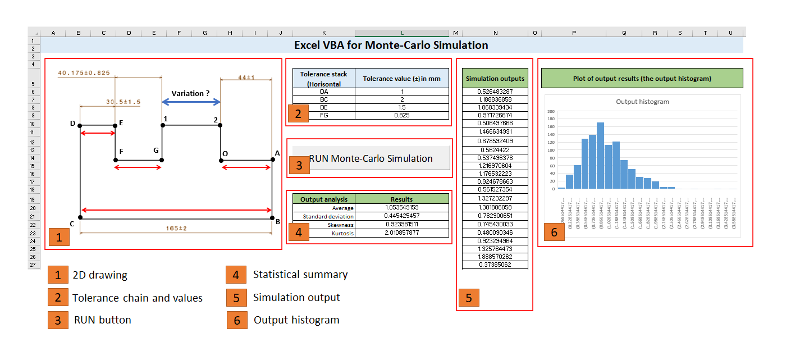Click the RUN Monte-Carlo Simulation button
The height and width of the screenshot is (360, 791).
click(371, 158)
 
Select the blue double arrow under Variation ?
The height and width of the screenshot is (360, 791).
click(191, 102)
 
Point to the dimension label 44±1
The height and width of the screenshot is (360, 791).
click(246, 77)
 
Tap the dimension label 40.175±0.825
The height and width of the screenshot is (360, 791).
click(84, 72)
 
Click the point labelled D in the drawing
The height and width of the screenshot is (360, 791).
click(80, 126)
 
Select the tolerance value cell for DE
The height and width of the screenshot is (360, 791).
click(401, 107)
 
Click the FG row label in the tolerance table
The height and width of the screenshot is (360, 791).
click(324, 115)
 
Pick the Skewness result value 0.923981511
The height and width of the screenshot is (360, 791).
click(401, 225)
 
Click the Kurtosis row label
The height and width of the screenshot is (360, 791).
click(342, 233)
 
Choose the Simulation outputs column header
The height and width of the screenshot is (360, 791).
click(495, 78)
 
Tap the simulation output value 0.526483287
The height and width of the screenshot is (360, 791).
click(495, 92)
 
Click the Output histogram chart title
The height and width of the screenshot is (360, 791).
click(642, 102)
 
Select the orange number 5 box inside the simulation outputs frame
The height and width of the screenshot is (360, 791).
click(469, 298)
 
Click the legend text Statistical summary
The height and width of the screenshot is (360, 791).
click(300, 275)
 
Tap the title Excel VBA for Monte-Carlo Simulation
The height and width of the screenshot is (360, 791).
click(391, 45)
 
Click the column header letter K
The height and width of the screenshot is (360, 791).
click(324, 33)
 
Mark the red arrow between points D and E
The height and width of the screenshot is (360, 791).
click(98, 133)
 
